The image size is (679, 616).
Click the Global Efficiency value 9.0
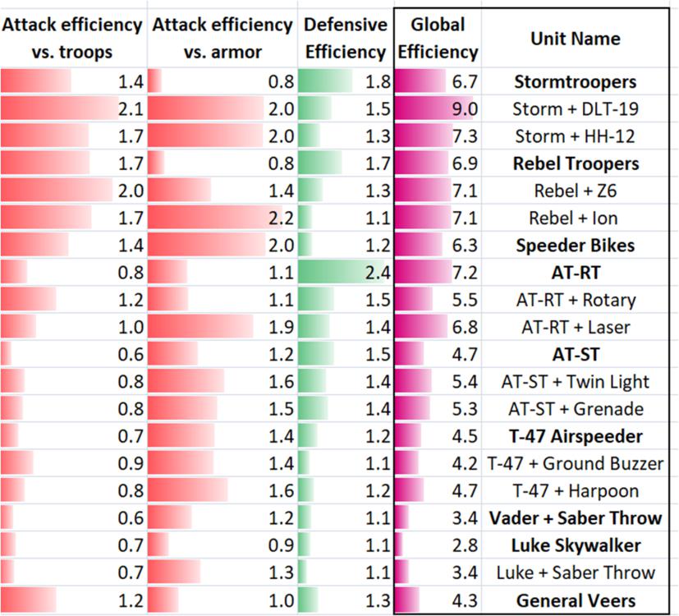coord(465,109)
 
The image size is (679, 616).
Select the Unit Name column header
coord(575,39)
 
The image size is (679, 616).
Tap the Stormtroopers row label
coord(575,82)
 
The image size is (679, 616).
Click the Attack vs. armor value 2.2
coord(281,218)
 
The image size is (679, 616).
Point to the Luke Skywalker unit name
coord(575,545)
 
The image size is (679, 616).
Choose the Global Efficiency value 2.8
coord(465,545)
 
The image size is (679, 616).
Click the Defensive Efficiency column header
coord(345,39)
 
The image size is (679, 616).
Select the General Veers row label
coord(575,600)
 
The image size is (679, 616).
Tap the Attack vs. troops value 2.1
coord(131,109)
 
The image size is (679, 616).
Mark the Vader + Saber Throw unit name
coord(575,518)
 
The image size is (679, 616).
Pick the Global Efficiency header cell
coord(438,39)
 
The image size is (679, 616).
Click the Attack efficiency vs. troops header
coord(72,39)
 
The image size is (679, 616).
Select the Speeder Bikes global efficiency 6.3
coord(465,246)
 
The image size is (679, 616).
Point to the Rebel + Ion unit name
coord(575,218)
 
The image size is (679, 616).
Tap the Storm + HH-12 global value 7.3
coord(465,136)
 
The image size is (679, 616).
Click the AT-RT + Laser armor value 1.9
coord(281,328)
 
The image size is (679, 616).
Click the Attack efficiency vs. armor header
coord(222,39)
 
